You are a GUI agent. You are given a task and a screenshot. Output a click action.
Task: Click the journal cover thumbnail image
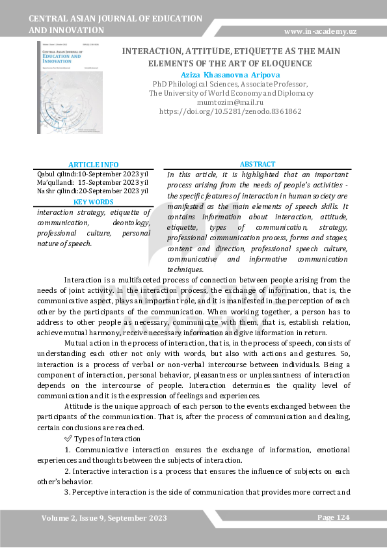[x=70, y=87]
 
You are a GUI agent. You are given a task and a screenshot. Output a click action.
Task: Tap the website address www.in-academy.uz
[x=320, y=31]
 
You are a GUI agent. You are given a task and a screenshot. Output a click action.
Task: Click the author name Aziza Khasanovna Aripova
[x=230, y=75]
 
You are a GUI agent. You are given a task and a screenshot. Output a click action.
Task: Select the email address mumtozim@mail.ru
[x=230, y=102]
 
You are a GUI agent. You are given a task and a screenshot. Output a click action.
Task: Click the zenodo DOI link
[x=230, y=111]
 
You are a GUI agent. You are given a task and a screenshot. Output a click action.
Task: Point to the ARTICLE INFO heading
[x=93, y=165]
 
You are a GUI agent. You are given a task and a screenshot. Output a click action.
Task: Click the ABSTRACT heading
[x=258, y=165]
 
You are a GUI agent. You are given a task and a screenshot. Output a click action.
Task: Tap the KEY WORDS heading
[x=93, y=202]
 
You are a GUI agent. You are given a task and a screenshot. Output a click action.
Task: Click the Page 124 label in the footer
[x=334, y=517]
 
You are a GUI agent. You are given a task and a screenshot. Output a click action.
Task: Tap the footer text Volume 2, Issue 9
[x=104, y=518]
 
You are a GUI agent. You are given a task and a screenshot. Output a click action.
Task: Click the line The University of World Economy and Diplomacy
[x=230, y=93]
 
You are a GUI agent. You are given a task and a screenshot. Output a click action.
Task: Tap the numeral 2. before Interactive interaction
[x=67, y=471]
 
